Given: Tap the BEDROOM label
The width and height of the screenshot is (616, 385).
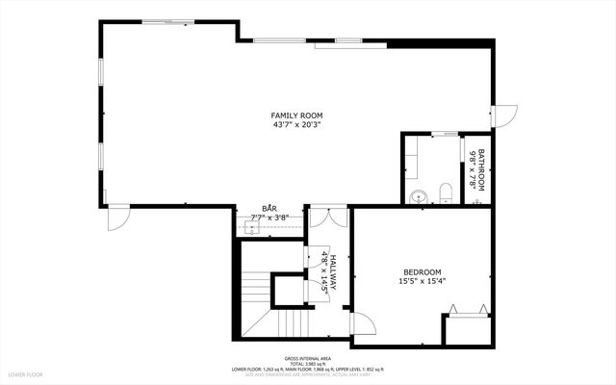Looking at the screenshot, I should pos(423,272).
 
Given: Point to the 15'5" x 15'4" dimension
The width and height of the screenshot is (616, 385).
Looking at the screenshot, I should pos(423,281).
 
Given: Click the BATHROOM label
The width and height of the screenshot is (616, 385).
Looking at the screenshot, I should pos(482,168).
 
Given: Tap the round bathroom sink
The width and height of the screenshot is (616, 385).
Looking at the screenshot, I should pos(417,197).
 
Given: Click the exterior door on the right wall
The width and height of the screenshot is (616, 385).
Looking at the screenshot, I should pos(504,114).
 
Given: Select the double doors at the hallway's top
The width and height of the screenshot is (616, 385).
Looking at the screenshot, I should pos(328,217).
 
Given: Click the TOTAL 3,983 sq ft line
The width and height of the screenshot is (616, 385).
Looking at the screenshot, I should pos(307,362).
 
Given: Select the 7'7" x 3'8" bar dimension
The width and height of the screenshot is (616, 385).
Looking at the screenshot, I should pos(270,218).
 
